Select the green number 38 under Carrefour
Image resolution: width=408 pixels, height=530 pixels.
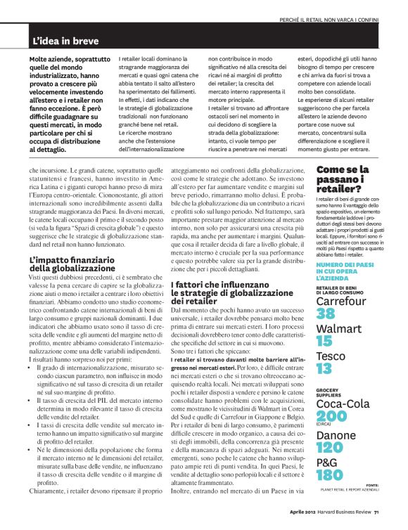point(326,314)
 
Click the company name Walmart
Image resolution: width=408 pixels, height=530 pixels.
point(339,328)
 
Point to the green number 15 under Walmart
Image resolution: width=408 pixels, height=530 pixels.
point(324,342)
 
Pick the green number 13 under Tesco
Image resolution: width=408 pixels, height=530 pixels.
point(324,369)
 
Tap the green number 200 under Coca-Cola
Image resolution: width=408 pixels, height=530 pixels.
point(331,416)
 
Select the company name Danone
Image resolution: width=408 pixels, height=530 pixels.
point(336,436)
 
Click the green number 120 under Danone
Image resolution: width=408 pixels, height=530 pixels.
point(330,448)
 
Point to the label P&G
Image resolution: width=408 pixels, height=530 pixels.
point(326,462)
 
